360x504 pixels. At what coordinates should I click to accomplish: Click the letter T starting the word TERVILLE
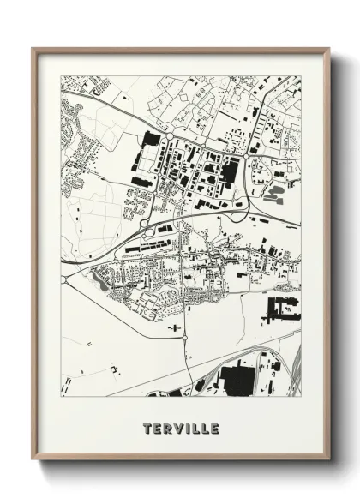click(x=147, y=428)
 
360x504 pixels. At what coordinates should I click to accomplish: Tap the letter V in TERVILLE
click(x=176, y=428)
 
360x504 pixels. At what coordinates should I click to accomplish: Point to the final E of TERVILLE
click(x=213, y=428)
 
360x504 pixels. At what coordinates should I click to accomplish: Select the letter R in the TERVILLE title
click(x=166, y=428)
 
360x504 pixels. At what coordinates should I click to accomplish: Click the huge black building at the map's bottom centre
click(x=236, y=377)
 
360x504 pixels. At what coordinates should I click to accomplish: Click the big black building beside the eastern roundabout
click(x=229, y=171)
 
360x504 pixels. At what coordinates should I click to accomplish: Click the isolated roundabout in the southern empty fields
click(x=185, y=340)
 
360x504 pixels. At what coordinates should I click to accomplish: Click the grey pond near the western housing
click(x=105, y=286)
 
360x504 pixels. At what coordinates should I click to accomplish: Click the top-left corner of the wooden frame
click(x=33, y=49)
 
